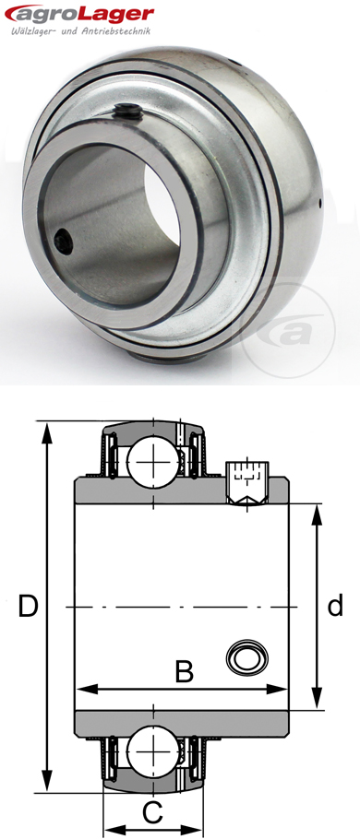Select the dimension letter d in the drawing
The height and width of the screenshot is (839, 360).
335,606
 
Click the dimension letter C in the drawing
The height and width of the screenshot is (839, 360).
153,811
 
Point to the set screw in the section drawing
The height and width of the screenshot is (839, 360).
246,482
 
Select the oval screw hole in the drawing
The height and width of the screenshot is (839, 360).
247,656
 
